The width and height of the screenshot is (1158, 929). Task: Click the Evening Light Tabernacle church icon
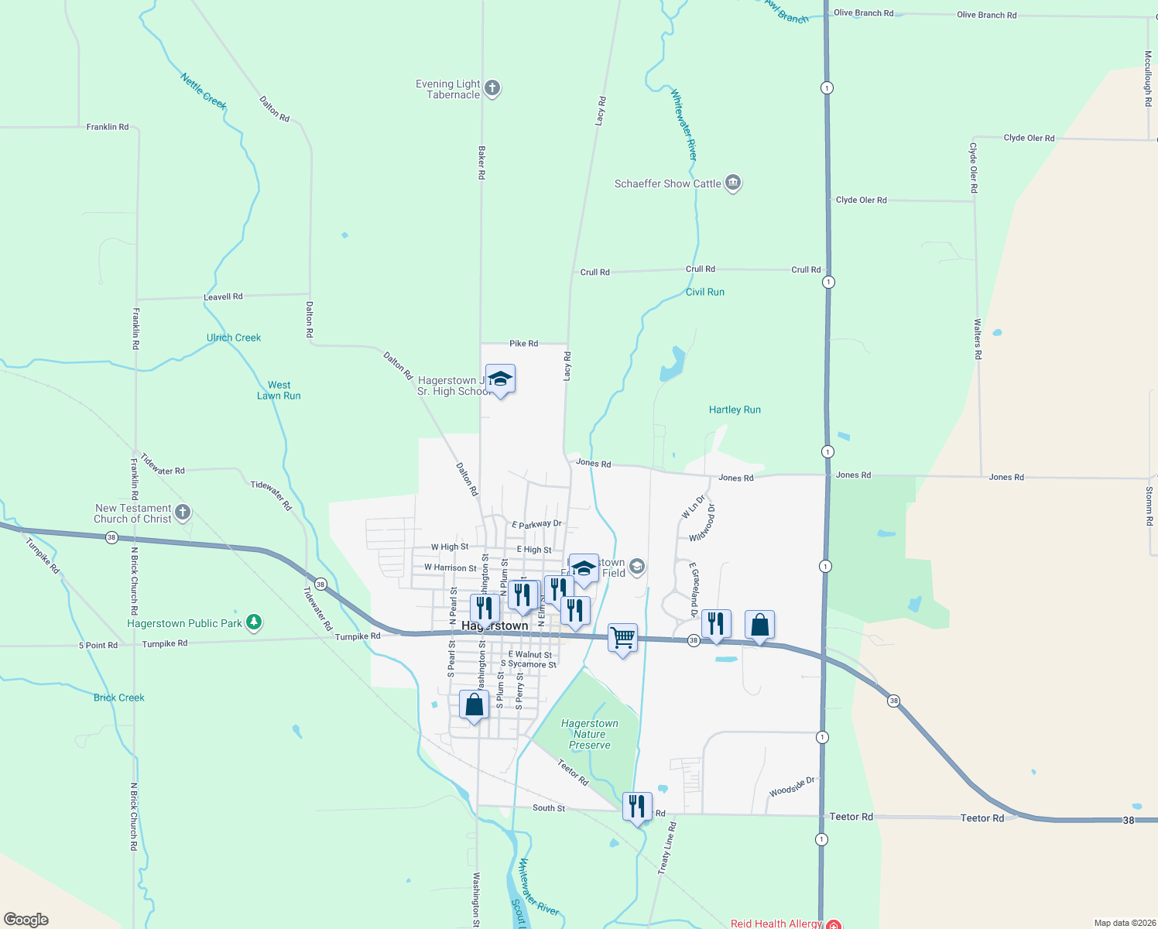click(492, 88)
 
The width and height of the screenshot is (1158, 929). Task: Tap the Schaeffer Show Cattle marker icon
click(733, 183)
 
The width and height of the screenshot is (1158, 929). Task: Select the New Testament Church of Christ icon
click(183, 512)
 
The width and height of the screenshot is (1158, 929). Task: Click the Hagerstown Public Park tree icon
click(253, 622)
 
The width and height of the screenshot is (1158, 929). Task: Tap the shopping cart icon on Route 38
click(622, 639)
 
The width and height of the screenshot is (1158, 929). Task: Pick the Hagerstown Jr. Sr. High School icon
click(500, 379)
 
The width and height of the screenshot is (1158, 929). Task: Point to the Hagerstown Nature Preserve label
click(590, 734)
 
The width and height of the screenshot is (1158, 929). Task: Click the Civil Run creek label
click(705, 292)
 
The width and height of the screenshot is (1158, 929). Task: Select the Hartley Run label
click(735, 410)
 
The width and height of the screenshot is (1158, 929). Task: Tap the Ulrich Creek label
click(234, 338)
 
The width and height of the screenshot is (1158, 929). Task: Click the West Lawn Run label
click(279, 390)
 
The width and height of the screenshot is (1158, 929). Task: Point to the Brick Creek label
click(119, 698)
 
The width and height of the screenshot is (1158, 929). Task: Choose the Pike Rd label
click(523, 343)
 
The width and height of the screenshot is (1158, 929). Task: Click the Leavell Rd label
click(223, 297)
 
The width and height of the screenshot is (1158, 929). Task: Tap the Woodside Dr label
click(792, 787)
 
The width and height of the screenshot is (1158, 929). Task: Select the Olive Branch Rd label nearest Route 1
click(863, 13)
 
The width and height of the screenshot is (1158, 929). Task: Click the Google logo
click(26, 920)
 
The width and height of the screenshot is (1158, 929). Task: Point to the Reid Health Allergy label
click(776, 924)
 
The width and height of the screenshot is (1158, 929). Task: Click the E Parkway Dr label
click(536, 524)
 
